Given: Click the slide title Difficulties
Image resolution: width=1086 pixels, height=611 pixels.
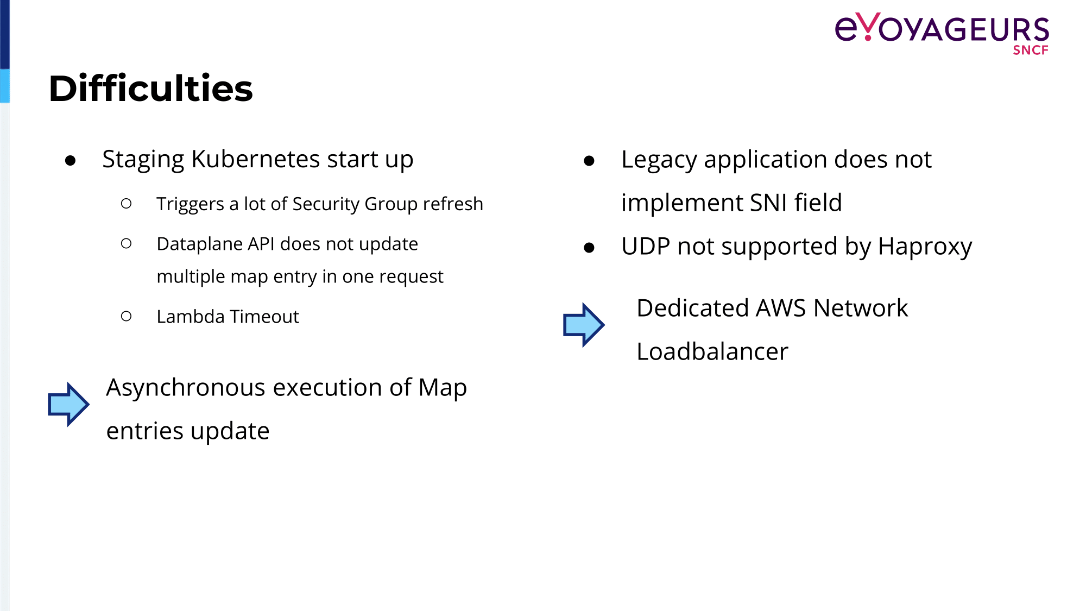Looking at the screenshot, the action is click(x=151, y=88).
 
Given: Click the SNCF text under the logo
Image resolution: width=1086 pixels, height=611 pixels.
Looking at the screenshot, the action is click(x=1031, y=50).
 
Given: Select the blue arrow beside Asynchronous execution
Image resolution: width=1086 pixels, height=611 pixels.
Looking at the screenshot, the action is click(x=68, y=404).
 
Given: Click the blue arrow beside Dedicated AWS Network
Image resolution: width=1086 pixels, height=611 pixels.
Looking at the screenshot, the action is click(x=584, y=325).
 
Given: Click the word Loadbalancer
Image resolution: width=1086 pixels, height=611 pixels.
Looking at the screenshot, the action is click(x=712, y=351).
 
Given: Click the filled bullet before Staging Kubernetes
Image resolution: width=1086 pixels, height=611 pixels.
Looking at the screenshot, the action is click(x=70, y=160).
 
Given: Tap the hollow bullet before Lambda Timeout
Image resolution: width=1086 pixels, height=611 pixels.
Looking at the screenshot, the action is click(x=127, y=316).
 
